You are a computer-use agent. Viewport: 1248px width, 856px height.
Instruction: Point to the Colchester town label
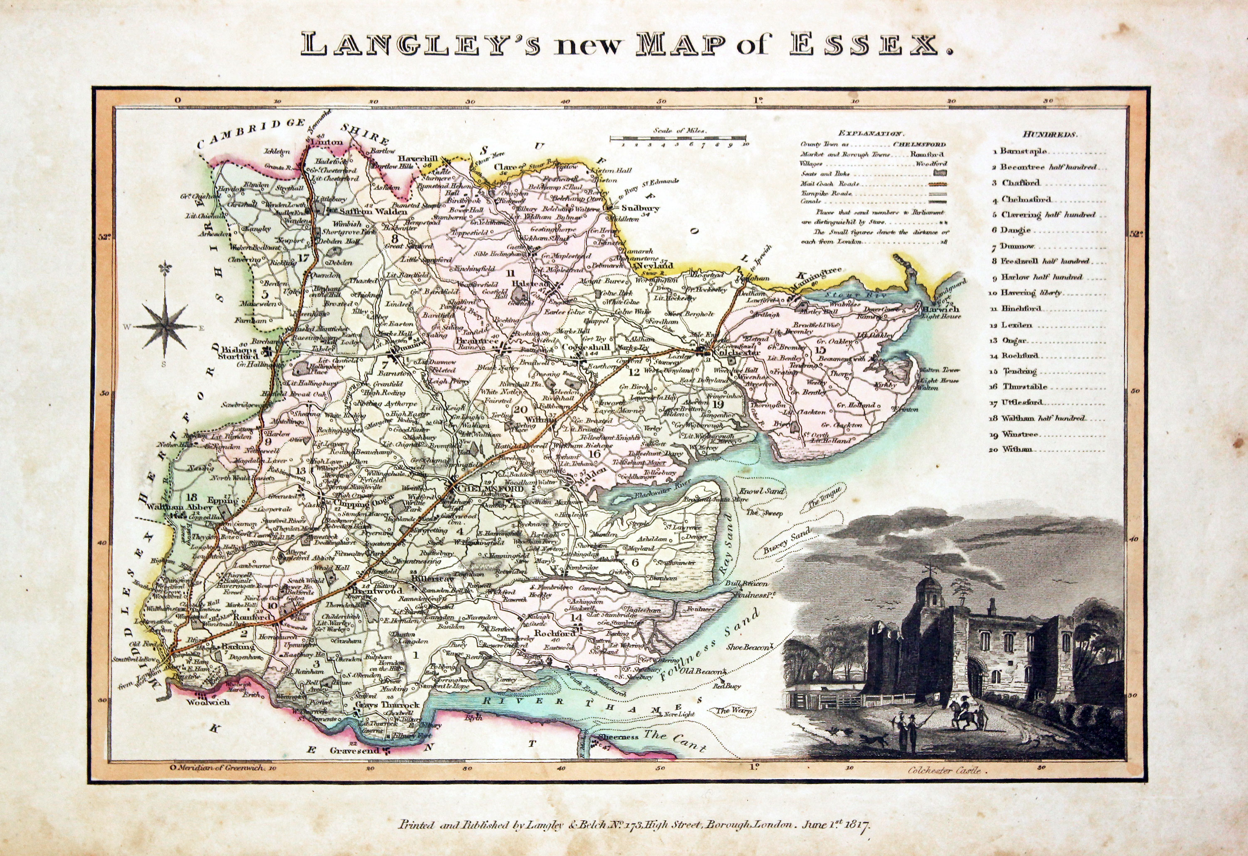733,354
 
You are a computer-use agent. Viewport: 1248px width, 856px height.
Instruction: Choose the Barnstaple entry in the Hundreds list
1023,151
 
